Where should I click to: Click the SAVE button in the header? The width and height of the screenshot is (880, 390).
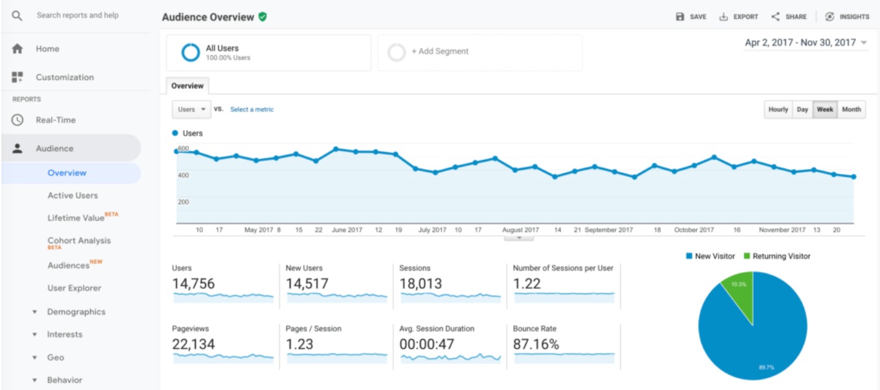pos(691,17)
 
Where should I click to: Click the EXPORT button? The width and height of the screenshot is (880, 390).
pos(739,17)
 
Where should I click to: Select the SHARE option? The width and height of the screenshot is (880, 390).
pos(789,17)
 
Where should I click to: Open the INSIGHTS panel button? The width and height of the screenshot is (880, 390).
pos(848,17)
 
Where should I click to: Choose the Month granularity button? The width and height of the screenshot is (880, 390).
pos(851,109)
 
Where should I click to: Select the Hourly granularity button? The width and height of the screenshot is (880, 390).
pos(778,109)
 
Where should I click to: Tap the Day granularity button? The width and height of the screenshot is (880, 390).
pos(802,109)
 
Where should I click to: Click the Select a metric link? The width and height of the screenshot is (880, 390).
pos(252,109)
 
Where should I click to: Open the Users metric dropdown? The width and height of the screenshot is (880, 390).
pos(191,109)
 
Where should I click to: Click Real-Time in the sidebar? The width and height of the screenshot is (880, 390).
pos(55,120)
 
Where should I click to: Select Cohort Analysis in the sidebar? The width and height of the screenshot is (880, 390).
pos(79,241)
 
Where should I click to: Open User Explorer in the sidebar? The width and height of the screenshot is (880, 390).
pos(74,288)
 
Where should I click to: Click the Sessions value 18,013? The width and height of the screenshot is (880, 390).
pos(421,284)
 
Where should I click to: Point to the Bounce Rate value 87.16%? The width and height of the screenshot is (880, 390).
pos(536,345)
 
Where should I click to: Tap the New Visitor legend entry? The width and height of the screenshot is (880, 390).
pos(710,257)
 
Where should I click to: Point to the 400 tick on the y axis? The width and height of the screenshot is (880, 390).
pos(184,175)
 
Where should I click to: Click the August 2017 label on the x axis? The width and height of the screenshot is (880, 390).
pos(520,230)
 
